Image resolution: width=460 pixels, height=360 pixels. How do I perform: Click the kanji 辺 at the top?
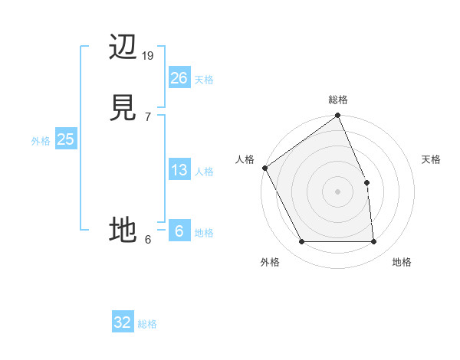click(123, 48)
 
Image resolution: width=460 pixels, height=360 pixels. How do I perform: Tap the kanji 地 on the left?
click(123, 229)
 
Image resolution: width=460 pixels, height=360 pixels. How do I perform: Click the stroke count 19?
click(148, 56)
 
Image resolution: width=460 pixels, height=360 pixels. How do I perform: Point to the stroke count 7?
click(147, 117)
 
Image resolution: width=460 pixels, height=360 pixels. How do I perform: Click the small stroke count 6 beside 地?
click(147, 240)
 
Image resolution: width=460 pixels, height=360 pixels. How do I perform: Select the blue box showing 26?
click(179, 78)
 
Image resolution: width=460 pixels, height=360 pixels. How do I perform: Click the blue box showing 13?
click(179, 170)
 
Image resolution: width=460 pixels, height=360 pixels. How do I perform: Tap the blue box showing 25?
click(65, 139)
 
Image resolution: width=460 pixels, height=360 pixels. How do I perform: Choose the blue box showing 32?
click(123, 322)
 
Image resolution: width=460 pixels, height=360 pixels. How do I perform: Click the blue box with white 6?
click(179, 231)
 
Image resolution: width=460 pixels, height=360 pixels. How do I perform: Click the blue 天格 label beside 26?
click(204, 80)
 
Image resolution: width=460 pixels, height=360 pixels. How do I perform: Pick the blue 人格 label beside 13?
click(204, 172)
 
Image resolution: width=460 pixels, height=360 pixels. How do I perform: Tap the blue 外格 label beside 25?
click(41, 141)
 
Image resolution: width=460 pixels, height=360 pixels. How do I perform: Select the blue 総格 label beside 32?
click(147, 324)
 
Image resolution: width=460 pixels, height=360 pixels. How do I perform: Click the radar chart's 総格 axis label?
click(338, 100)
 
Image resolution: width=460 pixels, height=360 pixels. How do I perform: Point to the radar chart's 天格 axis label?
click(432, 159)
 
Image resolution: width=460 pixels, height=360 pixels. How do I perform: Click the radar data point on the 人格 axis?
click(264, 168)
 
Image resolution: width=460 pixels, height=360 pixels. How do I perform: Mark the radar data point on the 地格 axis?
click(373, 242)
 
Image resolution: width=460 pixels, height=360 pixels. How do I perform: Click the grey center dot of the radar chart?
click(337, 191)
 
